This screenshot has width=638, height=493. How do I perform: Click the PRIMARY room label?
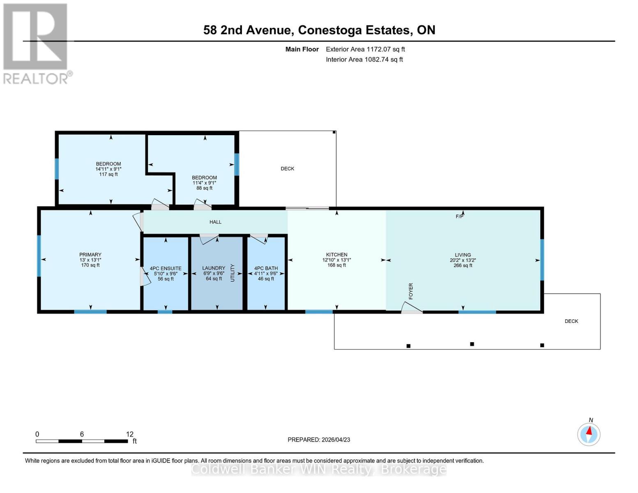tap(90, 255)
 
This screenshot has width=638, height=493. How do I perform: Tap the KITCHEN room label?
tap(336, 255)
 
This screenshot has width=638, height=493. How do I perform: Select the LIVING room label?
tap(463, 255)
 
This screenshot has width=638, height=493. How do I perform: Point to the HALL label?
tap(215, 222)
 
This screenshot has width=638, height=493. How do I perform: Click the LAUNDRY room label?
tap(214, 268)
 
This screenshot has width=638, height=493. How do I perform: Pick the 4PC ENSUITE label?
tap(166, 268)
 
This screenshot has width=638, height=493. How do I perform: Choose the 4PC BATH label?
tap(266, 268)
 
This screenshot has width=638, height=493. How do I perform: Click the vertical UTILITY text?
tap(233, 273)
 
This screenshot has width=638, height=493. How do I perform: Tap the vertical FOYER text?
tap(410, 291)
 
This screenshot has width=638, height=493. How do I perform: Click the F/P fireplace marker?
tap(459, 217)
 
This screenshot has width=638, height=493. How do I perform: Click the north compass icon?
tap(589, 434)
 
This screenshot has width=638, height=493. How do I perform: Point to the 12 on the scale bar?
tap(130, 434)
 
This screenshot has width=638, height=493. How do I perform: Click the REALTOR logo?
tap(36, 44)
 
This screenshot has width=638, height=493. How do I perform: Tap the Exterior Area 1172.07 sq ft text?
tap(365, 49)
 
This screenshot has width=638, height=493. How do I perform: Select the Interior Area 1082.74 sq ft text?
tap(364, 60)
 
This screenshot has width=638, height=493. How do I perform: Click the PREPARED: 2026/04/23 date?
tap(319, 440)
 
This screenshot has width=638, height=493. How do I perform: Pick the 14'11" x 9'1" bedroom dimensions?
tap(108, 169)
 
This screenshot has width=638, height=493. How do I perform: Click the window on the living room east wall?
tap(542, 260)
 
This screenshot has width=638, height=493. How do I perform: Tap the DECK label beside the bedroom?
tap(287, 169)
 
